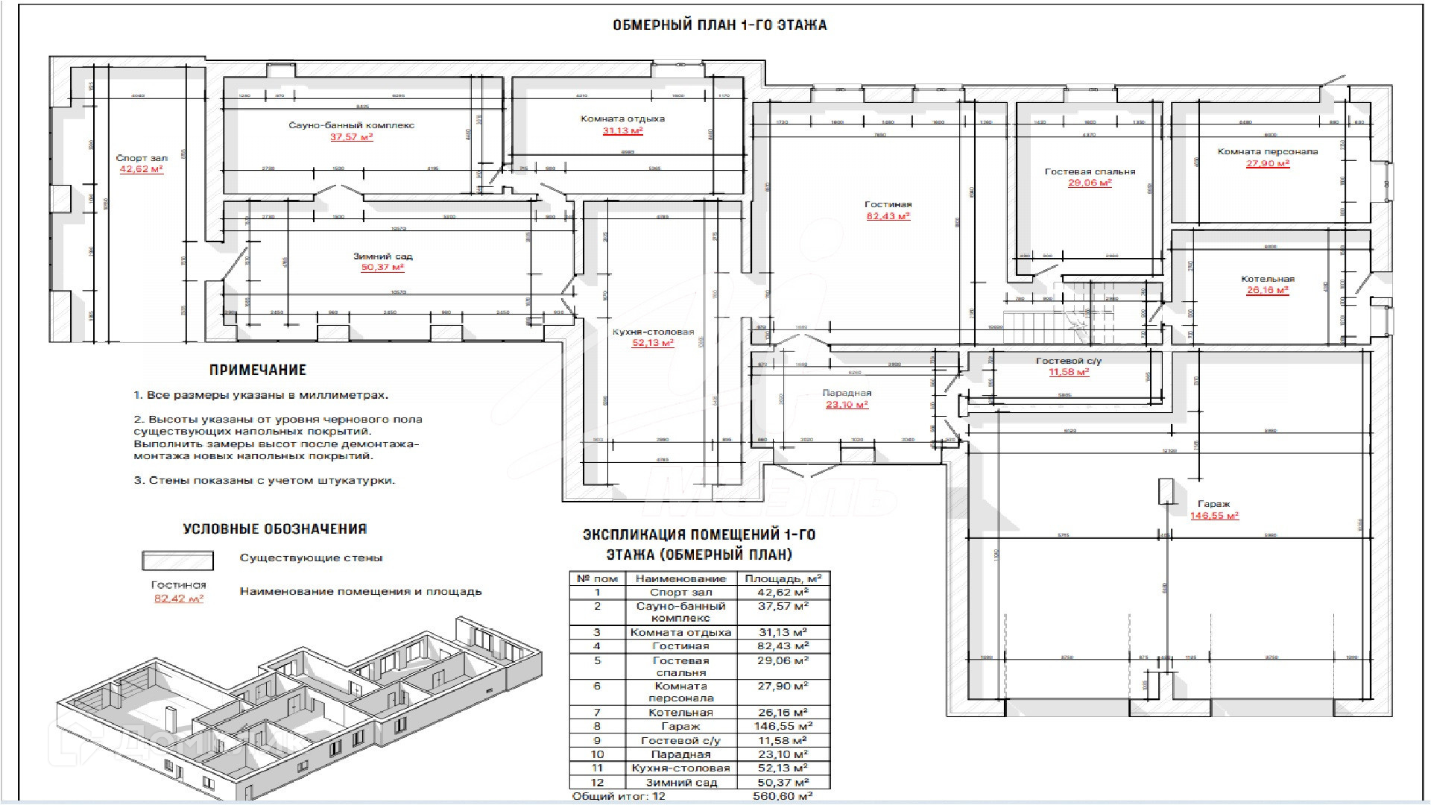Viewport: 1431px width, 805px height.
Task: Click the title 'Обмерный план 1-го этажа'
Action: [719, 25]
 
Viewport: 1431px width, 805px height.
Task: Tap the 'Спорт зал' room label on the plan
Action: [142, 158]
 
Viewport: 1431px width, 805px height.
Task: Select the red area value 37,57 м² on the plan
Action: [351, 137]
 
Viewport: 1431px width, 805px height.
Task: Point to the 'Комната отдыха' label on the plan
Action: [622, 119]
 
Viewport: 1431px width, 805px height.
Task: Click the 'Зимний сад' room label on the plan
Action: [382, 256]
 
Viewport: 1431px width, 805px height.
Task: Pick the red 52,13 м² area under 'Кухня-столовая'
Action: [653, 343]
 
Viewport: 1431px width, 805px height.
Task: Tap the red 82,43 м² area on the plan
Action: [888, 216]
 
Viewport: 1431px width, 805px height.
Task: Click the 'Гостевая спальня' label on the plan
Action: [1090, 171]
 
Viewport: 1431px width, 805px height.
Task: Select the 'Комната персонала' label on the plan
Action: [1268, 151]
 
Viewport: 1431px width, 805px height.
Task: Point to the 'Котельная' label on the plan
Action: [1268, 279]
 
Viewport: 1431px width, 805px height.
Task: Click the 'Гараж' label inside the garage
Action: [1213, 504]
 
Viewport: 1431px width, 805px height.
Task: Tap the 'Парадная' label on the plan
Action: [847, 393]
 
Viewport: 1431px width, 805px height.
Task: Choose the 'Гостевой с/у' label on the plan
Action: [1068, 361]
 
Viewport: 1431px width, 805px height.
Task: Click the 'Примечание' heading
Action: [257, 370]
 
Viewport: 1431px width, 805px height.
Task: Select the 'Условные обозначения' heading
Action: [274, 529]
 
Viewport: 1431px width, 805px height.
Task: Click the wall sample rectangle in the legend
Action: [177, 561]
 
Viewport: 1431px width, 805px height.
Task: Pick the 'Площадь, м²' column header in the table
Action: [783, 578]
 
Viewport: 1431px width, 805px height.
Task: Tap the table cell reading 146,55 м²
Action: [783, 726]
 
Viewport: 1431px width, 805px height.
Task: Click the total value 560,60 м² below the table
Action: [783, 797]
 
